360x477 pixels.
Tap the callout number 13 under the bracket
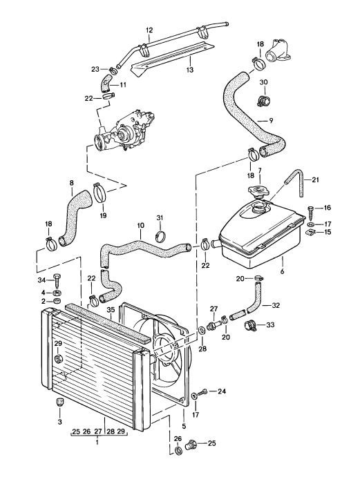point(190,70)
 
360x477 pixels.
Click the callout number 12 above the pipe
point(149,30)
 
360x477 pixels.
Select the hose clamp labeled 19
point(100,193)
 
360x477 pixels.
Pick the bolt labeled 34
point(57,280)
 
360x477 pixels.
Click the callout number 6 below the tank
point(282,271)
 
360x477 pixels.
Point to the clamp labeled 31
point(160,236)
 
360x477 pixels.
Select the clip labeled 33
point(251,326)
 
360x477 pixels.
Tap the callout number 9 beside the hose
point(270,121)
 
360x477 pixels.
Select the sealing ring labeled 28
point(202,330)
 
